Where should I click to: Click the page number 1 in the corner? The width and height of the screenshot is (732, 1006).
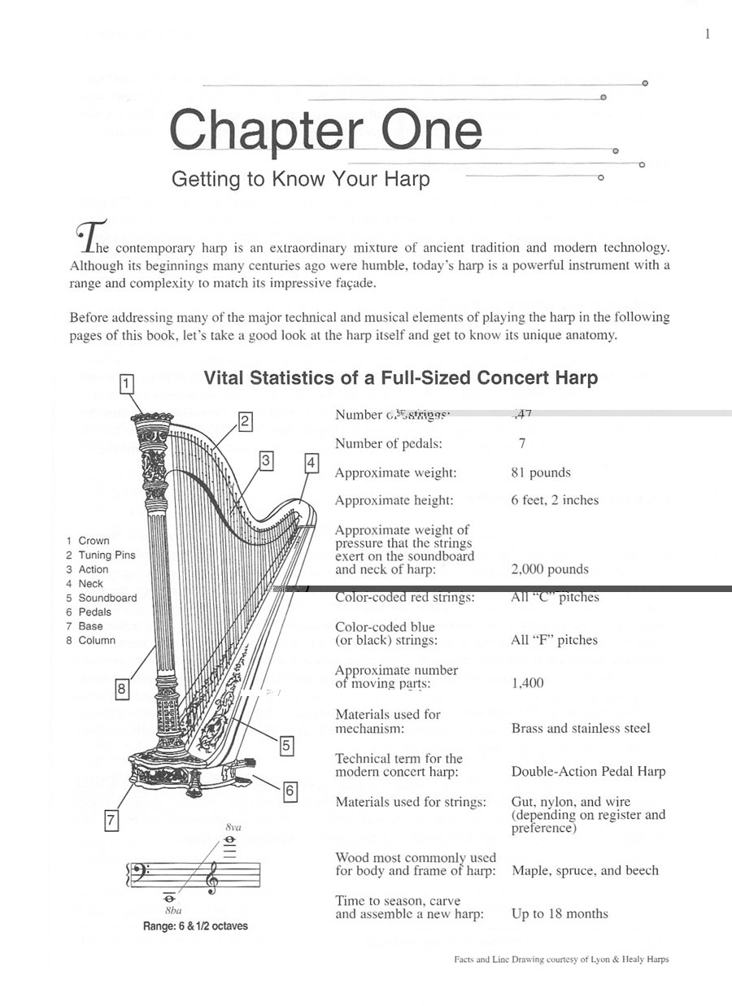coord(707,33)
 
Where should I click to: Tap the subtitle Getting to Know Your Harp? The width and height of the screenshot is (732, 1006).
coord(300,179)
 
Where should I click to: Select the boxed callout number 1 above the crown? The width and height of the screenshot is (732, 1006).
coord(127,383)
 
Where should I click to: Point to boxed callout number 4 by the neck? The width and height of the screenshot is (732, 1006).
coord(311,464)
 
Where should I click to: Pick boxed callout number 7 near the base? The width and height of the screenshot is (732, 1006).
coord(111,821)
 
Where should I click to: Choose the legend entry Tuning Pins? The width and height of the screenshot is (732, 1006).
coord(107,555)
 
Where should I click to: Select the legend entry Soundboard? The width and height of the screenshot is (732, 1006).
coord(107,598)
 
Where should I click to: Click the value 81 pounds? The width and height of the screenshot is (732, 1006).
coord(541,473)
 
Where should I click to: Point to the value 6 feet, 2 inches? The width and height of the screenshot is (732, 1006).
coord(555,500)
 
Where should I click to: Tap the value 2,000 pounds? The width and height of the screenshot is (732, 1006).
coord(550,569)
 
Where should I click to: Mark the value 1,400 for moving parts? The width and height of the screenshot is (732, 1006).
coord(528,683)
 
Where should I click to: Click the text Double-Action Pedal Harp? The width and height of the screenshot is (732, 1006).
coord(588,772)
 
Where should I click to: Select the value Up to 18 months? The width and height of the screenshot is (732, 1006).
coord(560,913)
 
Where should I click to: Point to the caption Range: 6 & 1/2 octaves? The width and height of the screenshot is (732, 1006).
coord(195,926)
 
